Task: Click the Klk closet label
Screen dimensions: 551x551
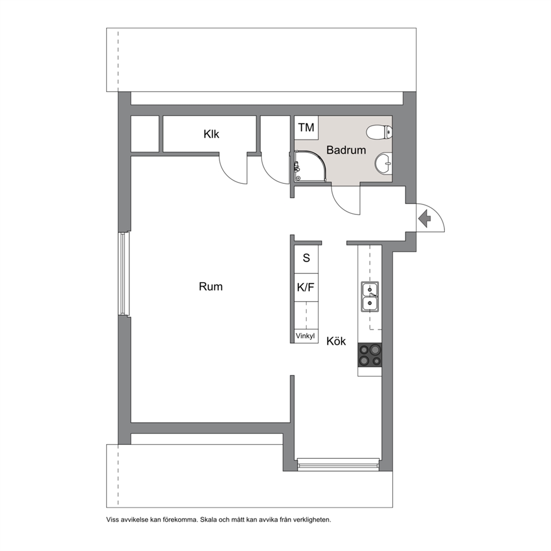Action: pyautogui.click(x=211, y=134)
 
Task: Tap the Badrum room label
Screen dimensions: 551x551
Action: pyautogui.click(x=346, y=150)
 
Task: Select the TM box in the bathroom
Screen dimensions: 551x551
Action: pyautogui.click(x=307, y=128)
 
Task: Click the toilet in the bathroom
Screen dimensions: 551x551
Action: pyautogui.click(x=379, y=133)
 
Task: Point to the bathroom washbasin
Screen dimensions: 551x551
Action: pyautogui.click(x=384, y=163)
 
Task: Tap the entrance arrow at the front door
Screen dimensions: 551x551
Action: pyautogui.click(x=425, y=218)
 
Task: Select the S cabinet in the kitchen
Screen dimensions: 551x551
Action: pyautogui.click(x=306, y=259)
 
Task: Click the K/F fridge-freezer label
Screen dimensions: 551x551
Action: pyautogui.click(x=305, y=288)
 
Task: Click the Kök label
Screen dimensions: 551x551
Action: pyautogui.click(x=336, y=341)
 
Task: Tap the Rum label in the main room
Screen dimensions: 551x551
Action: pyautogui.click(x=211, y=287)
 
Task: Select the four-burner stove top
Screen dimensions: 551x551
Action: pyautogui.click(x=370, y=355)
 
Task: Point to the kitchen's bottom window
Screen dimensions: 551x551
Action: pyautogui.click(x=338, y=464)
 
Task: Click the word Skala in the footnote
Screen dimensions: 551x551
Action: pyautogui.click(x=209, y=519)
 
